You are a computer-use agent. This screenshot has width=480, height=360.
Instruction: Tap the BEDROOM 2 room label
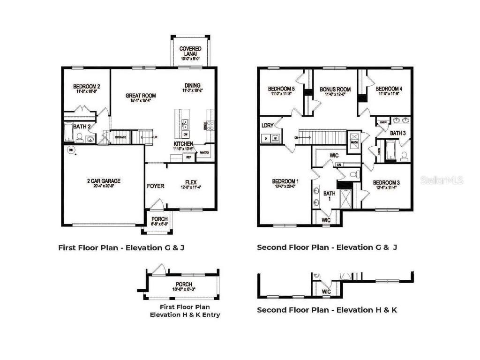86,86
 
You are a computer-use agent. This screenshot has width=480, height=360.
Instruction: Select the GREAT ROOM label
141,96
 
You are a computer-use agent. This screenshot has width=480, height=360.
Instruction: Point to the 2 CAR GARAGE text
104,180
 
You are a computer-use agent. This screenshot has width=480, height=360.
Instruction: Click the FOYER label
156,186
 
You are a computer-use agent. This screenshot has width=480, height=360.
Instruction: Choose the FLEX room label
190,183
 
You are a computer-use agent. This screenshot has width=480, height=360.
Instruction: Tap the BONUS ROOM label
335,89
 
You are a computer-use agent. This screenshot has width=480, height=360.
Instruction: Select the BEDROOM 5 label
281,89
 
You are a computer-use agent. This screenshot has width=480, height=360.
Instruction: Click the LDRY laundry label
268,125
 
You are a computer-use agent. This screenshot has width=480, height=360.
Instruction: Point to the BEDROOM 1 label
285,181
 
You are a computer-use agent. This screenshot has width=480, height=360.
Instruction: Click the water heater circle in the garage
71,150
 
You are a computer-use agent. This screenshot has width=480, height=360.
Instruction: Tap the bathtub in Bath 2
68,133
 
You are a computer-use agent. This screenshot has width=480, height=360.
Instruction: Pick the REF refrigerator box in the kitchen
188,158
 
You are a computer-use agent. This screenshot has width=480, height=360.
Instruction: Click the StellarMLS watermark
442,180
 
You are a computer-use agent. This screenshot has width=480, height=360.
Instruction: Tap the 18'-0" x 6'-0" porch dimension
184,290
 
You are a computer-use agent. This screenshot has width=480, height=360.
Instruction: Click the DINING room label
192,85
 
